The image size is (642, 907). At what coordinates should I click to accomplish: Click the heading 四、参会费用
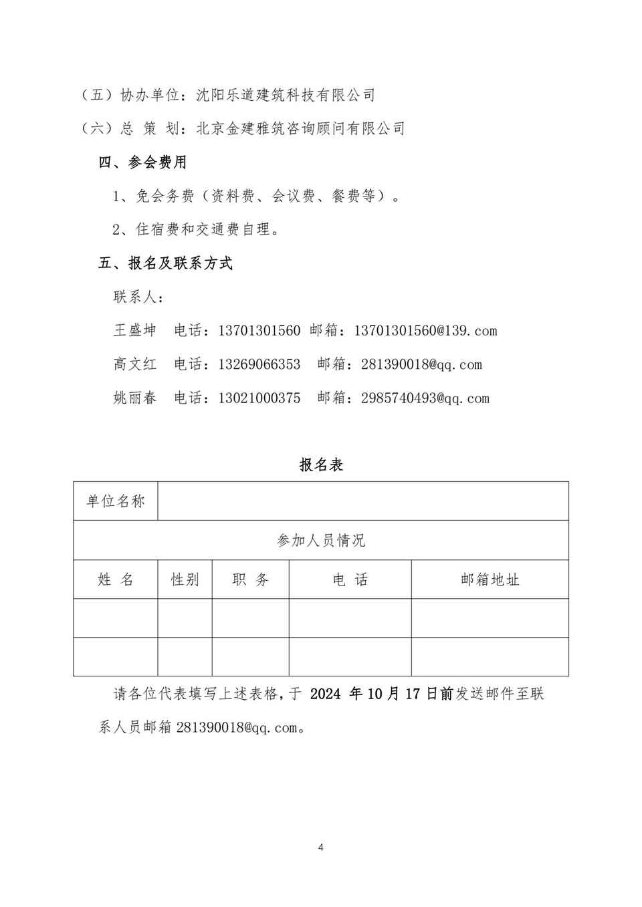coord(142,162)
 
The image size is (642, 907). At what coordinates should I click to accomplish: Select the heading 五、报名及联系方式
coord(165,263)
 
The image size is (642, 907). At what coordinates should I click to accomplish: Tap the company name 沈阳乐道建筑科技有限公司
coord(286,95)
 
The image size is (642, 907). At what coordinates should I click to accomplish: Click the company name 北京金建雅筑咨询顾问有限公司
coord(300,128)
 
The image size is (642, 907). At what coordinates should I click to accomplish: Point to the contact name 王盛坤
coord(135,330)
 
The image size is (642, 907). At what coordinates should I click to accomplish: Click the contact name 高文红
coord(135,364)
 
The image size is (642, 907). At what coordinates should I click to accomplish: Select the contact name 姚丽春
coord(135,398)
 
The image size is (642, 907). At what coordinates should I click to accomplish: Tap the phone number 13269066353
coord(259,364)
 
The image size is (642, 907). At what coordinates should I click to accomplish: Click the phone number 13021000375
coord(259,398)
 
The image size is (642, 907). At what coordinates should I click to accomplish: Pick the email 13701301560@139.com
coord(425,330)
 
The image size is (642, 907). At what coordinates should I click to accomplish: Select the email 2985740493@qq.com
coord(425,398)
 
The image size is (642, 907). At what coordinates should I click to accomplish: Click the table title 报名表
coord(321,465)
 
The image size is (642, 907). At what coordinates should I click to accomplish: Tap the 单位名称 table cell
coord(116,501)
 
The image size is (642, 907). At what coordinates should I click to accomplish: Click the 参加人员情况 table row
coord(321,540)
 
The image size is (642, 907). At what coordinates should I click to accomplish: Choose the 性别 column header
coord(185,579)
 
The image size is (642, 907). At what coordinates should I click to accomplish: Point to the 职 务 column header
coord(251,579)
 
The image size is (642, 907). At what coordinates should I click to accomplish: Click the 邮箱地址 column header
coord(490,579)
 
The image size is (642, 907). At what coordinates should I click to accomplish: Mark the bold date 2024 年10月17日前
coord(382,694)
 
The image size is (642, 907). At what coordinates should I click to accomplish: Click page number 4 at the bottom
coord(321,848)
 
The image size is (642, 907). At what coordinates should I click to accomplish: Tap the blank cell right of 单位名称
coord(363,501)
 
